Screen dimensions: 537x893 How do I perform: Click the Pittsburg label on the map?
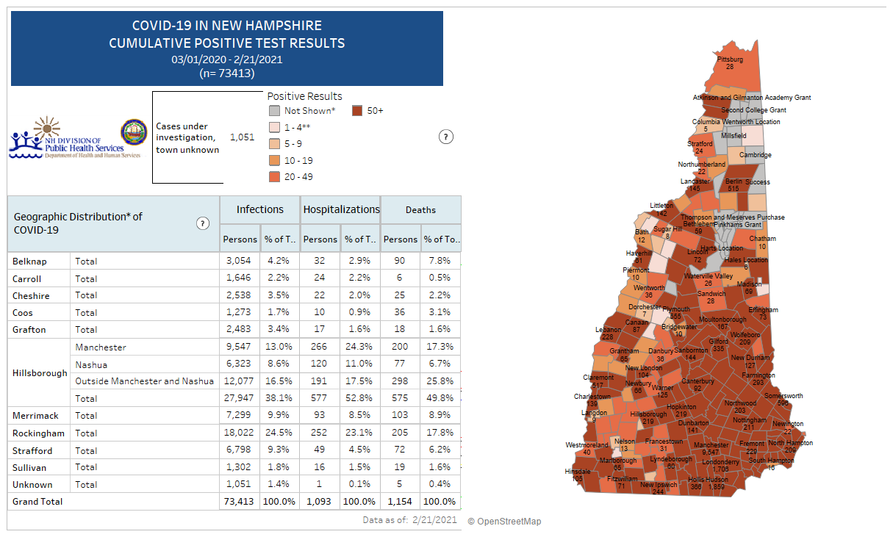click(730, 60)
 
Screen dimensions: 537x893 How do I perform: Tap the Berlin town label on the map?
click(734, 181)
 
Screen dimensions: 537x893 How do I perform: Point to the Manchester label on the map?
click(711, 445)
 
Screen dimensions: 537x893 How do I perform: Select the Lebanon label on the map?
click(608, 330)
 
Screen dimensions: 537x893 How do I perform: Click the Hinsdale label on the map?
click(577, 471)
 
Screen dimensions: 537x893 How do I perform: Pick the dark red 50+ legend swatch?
click(357, 111)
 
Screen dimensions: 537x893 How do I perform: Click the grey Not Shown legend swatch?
click(273, 111)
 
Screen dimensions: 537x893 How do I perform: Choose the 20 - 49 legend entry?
click(299, 176)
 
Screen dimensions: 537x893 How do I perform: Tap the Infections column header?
click(259, 210)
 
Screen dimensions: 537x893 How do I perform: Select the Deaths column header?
click(420, 210)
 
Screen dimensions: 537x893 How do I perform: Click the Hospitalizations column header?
click(342, 210)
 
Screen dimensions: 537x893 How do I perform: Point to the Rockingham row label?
click(38, 433)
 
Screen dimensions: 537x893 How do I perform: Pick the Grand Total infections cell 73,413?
click(240, 502)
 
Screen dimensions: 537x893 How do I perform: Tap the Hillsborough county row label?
click(40, 373)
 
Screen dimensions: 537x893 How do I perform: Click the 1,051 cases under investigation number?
click(242, 137)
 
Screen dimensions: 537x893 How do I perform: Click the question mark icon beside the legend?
click(445, 137)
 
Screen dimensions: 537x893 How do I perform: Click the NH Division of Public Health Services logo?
click(66, 138)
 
